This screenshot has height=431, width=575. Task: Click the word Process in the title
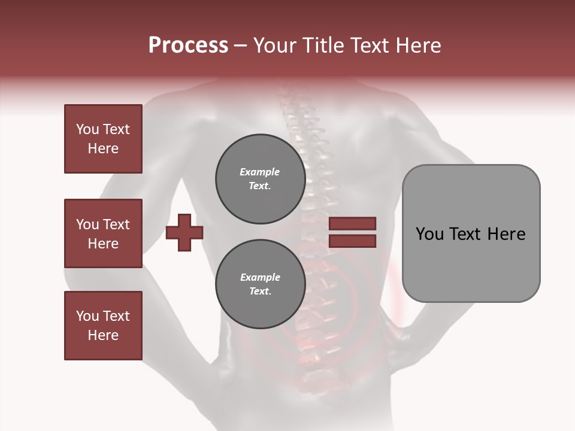pos(188,45)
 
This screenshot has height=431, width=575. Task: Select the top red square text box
pos(103,139)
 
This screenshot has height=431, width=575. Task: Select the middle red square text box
pos(103,233)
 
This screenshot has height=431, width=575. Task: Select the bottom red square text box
pos(103,326)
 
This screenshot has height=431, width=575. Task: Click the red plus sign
pos(184,233)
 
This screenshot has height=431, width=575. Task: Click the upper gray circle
pos(261,179)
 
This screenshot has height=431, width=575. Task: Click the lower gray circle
pos(261,284)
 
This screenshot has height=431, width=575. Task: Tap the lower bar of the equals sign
pos(353,241)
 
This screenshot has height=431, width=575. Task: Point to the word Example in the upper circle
pos(260,172)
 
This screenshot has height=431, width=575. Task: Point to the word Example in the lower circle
pos(260,277)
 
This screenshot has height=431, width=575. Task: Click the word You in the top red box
pos(87,129)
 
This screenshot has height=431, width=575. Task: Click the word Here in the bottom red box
pos(103,335)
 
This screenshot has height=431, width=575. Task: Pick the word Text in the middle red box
pos(116,224)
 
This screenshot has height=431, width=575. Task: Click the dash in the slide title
pos(241,45)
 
